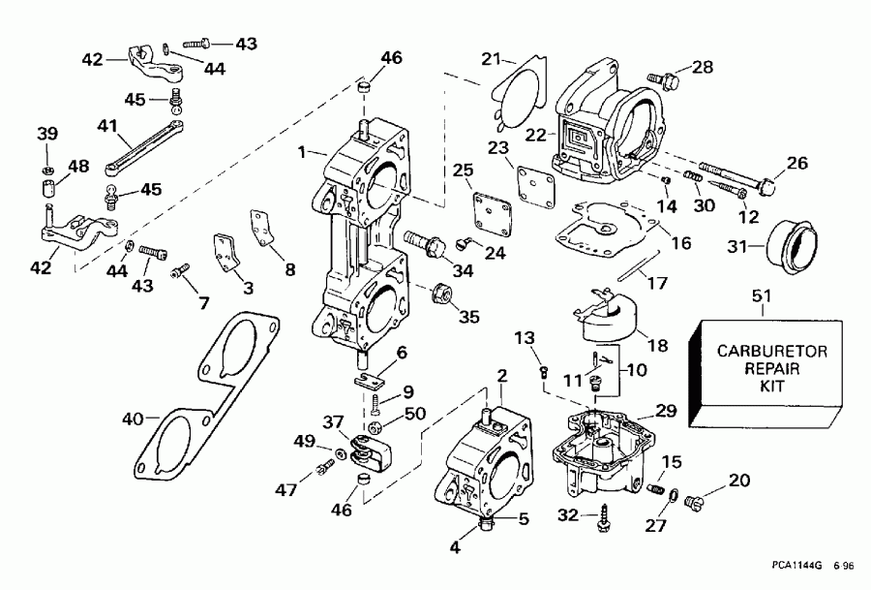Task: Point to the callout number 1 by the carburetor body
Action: pos(302,151)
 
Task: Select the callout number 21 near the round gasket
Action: pos(492,58)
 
